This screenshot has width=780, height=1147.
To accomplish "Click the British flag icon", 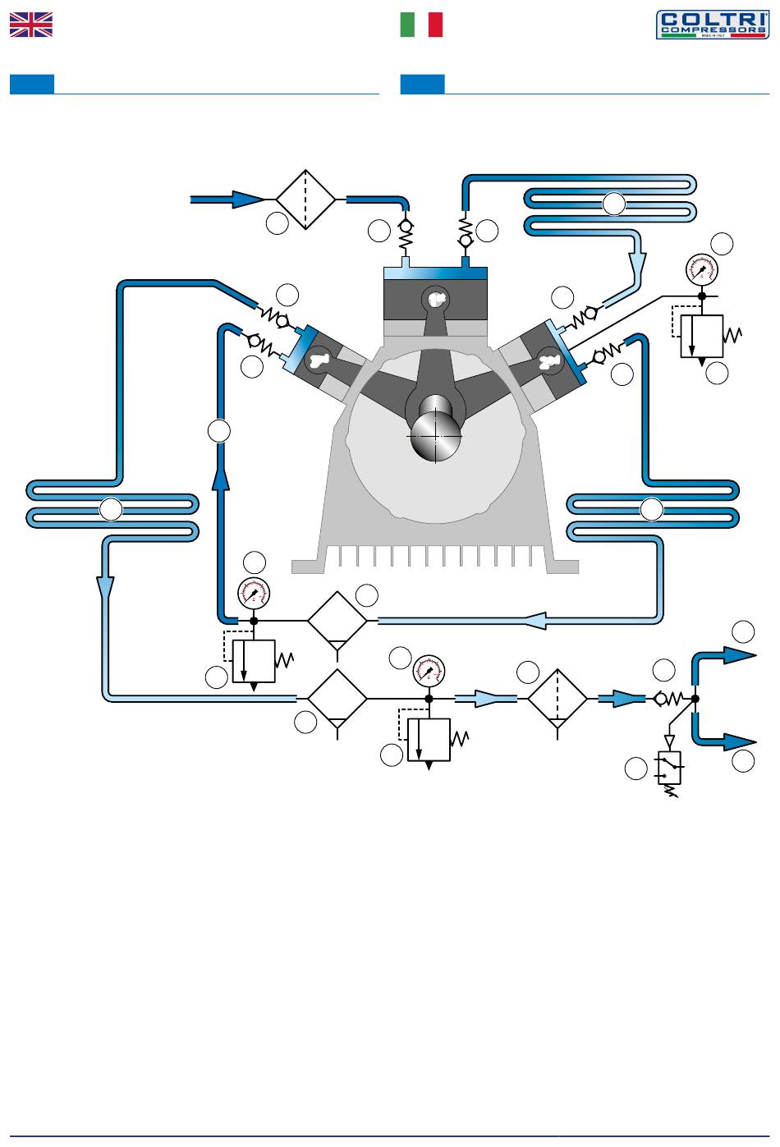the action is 31,25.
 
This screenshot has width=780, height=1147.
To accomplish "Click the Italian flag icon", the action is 421,25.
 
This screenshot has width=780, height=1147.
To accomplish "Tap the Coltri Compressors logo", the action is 712,25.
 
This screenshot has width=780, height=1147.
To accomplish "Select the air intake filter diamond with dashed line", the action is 305,200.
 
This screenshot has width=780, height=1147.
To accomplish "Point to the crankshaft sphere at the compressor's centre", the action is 435,435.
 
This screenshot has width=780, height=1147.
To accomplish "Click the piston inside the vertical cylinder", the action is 435,301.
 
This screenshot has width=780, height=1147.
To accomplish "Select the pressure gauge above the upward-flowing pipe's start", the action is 253,593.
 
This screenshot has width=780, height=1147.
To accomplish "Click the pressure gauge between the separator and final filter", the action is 428,672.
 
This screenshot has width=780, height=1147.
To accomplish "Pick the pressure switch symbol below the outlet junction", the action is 670,768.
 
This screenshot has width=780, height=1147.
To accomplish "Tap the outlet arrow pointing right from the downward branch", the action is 739,742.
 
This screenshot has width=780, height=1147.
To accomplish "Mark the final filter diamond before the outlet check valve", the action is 557,699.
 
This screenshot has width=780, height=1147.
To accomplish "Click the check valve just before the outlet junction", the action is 661,700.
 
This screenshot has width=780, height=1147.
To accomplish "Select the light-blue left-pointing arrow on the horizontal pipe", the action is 534,621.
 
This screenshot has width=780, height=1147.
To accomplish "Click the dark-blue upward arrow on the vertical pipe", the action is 220,476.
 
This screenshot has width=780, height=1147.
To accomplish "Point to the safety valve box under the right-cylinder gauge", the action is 701,336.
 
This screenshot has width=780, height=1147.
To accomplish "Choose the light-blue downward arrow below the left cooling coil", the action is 106,587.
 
